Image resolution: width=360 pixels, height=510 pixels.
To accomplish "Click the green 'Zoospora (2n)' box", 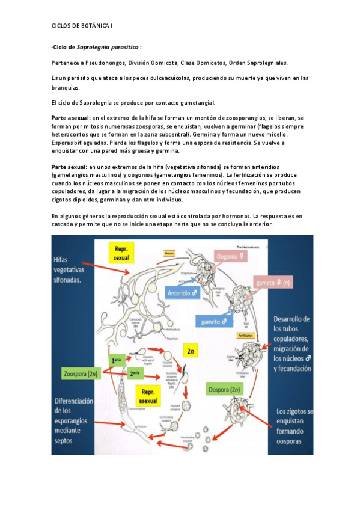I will [80, 373].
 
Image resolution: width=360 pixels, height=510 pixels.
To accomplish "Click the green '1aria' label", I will [118, 360].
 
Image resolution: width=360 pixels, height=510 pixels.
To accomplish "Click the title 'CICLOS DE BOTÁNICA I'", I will [82, 26].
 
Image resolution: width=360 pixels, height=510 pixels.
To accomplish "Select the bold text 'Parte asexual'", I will [70, 118].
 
